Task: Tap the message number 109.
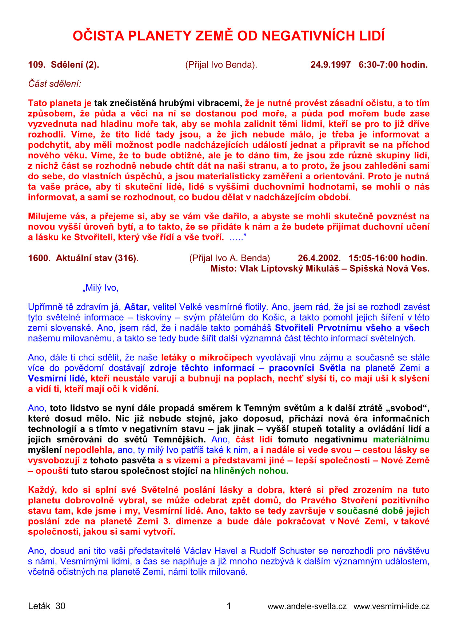tap(36, 65)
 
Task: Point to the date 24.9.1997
tap(331, 65)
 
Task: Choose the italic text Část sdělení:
tap(55, 84)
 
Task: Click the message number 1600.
tap(39, 258)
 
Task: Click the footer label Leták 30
tap(47, 606)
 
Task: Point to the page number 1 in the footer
tap(229, 606)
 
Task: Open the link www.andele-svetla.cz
tap(307, 606)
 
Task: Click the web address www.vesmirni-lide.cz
tap(391, 606)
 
